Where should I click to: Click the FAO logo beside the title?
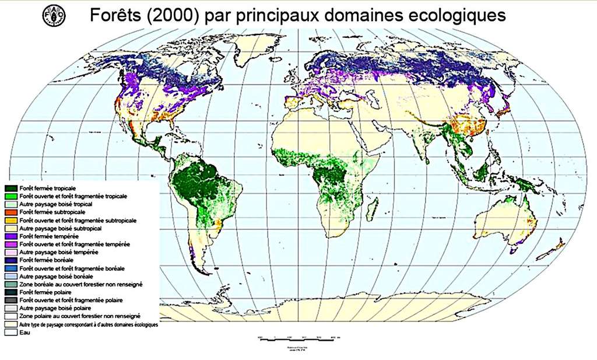(x=54, y=15)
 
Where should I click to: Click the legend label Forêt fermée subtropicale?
(x=46, y=213)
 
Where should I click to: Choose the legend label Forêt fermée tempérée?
(x=44, y=236)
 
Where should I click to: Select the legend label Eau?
(x=23, y=332)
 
